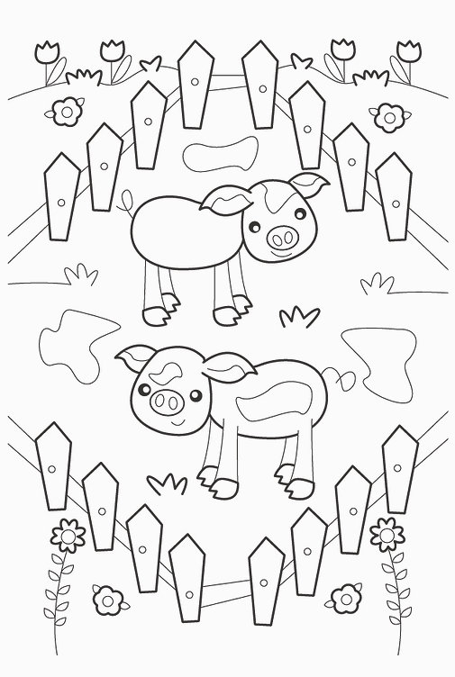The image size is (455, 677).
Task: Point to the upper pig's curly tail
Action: point(122,205)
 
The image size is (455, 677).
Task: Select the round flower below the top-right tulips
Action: point(387,116)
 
